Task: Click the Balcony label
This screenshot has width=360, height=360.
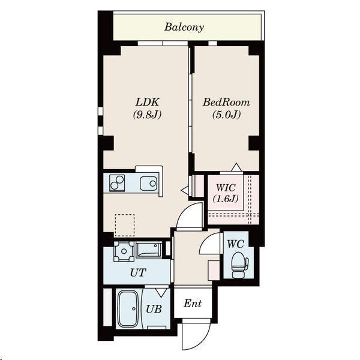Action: coord(184,27)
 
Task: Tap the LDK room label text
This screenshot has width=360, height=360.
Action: coord(147,102)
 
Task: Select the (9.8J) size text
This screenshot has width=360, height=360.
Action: coord(147,115)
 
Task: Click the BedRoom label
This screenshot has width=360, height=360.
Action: coord(226,102)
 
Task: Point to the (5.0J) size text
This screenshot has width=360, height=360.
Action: coord(226,115)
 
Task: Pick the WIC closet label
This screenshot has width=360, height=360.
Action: coord(226,188)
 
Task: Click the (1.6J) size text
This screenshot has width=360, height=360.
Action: coord(225,199)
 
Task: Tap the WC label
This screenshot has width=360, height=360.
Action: coord(235,244)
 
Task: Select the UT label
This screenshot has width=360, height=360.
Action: coord(138,273)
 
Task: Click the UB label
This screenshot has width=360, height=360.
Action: coord(154,309)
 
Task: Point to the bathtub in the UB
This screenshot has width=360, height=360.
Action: coord(128,308)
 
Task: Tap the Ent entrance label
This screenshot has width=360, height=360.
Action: coord(193,304)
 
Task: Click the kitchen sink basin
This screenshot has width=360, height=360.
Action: coord(149,184)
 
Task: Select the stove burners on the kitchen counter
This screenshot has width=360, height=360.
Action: coord(117,183)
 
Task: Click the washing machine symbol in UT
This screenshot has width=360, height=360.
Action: coord(124,251)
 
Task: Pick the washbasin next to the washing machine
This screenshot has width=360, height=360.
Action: coord(148,250)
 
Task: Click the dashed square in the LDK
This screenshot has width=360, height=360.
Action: coord(125,225)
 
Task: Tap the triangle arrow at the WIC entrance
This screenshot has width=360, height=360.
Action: coord(236,167)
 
